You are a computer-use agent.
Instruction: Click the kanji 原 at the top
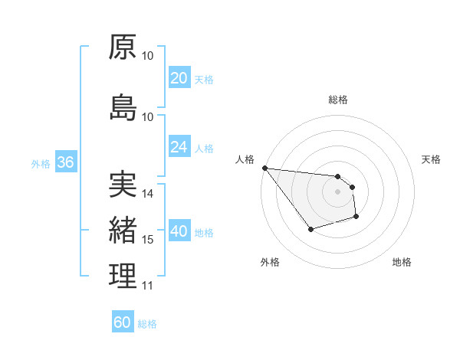[x=123, y=47]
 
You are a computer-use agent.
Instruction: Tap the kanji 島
[x=123, y=108]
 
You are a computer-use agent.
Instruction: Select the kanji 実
[x=123, y=185]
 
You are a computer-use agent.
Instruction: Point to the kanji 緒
[x=123, y=230]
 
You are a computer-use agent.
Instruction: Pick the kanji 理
[x=123, y=277]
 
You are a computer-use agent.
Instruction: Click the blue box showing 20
[x=179, y=78]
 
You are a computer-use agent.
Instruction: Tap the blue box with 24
[x=179, y=147]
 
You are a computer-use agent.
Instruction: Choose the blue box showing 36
[x=65, y=162]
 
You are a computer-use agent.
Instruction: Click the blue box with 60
[x=123, y=322]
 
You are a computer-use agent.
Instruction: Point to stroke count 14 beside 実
[x=149, y=194]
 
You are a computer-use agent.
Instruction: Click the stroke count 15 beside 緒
[x=149, y=240]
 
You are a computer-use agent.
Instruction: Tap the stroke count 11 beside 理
[x=149, y=286]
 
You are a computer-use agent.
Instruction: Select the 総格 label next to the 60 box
[x=147, y=324]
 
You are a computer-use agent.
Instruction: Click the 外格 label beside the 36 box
[x=41, y=163]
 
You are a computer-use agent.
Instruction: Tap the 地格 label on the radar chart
[x=402, y=262]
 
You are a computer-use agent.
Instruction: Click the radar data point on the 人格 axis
[x=264, y=168]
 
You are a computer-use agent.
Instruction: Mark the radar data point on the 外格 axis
[x=310, y=229]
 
